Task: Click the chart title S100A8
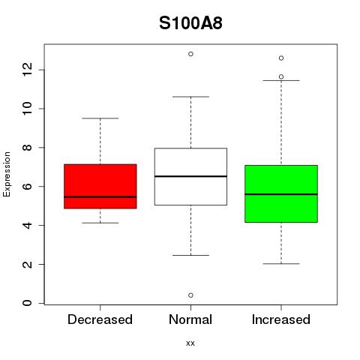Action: [190, 23]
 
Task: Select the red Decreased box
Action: [100, 186]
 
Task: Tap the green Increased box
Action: [281, 193]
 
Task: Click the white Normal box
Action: [190, 176]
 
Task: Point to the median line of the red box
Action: [100, 197]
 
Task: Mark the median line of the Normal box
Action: [190, 176]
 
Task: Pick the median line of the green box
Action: [281, 194]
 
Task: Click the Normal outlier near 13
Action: [190, 54]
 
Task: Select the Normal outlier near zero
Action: [190, 295]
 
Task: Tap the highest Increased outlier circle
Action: [281, 58]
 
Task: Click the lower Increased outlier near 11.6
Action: [281, 76]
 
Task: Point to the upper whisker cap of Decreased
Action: [100, 118]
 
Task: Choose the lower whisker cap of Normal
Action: [190, 255]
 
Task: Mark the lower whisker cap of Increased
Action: [281, 263]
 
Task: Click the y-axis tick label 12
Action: [27, 70]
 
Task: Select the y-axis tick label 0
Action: [27, 303]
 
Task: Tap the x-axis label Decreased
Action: [100, 319]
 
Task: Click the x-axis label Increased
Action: [281, 319]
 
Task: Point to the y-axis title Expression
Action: [7, 174]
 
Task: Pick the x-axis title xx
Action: [190, 343]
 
